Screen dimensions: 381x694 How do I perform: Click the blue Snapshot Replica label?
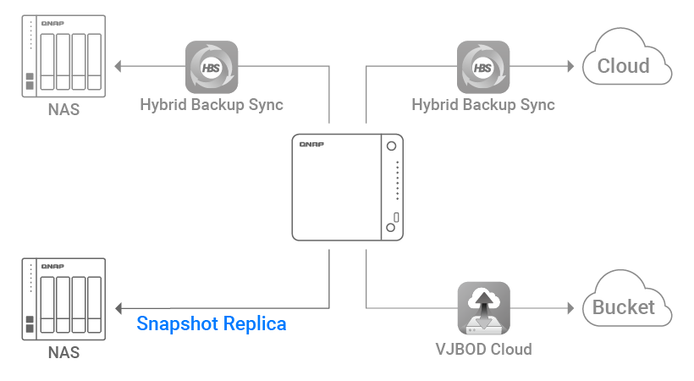[212, 323]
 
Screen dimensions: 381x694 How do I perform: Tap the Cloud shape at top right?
[627, 61]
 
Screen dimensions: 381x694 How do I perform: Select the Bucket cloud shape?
[627, 303]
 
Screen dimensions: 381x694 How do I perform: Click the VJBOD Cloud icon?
[483, 309]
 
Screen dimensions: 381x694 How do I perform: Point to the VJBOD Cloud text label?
[483, 348]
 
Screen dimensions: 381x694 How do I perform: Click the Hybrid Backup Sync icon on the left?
[212, 67]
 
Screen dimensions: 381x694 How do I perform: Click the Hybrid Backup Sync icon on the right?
[483, 67]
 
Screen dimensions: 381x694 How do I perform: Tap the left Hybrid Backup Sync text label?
[212, 106]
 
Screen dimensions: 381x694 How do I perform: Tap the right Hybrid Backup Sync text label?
[483, 106]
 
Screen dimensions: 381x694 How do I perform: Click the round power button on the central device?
[392, 146]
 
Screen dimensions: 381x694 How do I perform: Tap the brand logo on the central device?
[312, 146]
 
